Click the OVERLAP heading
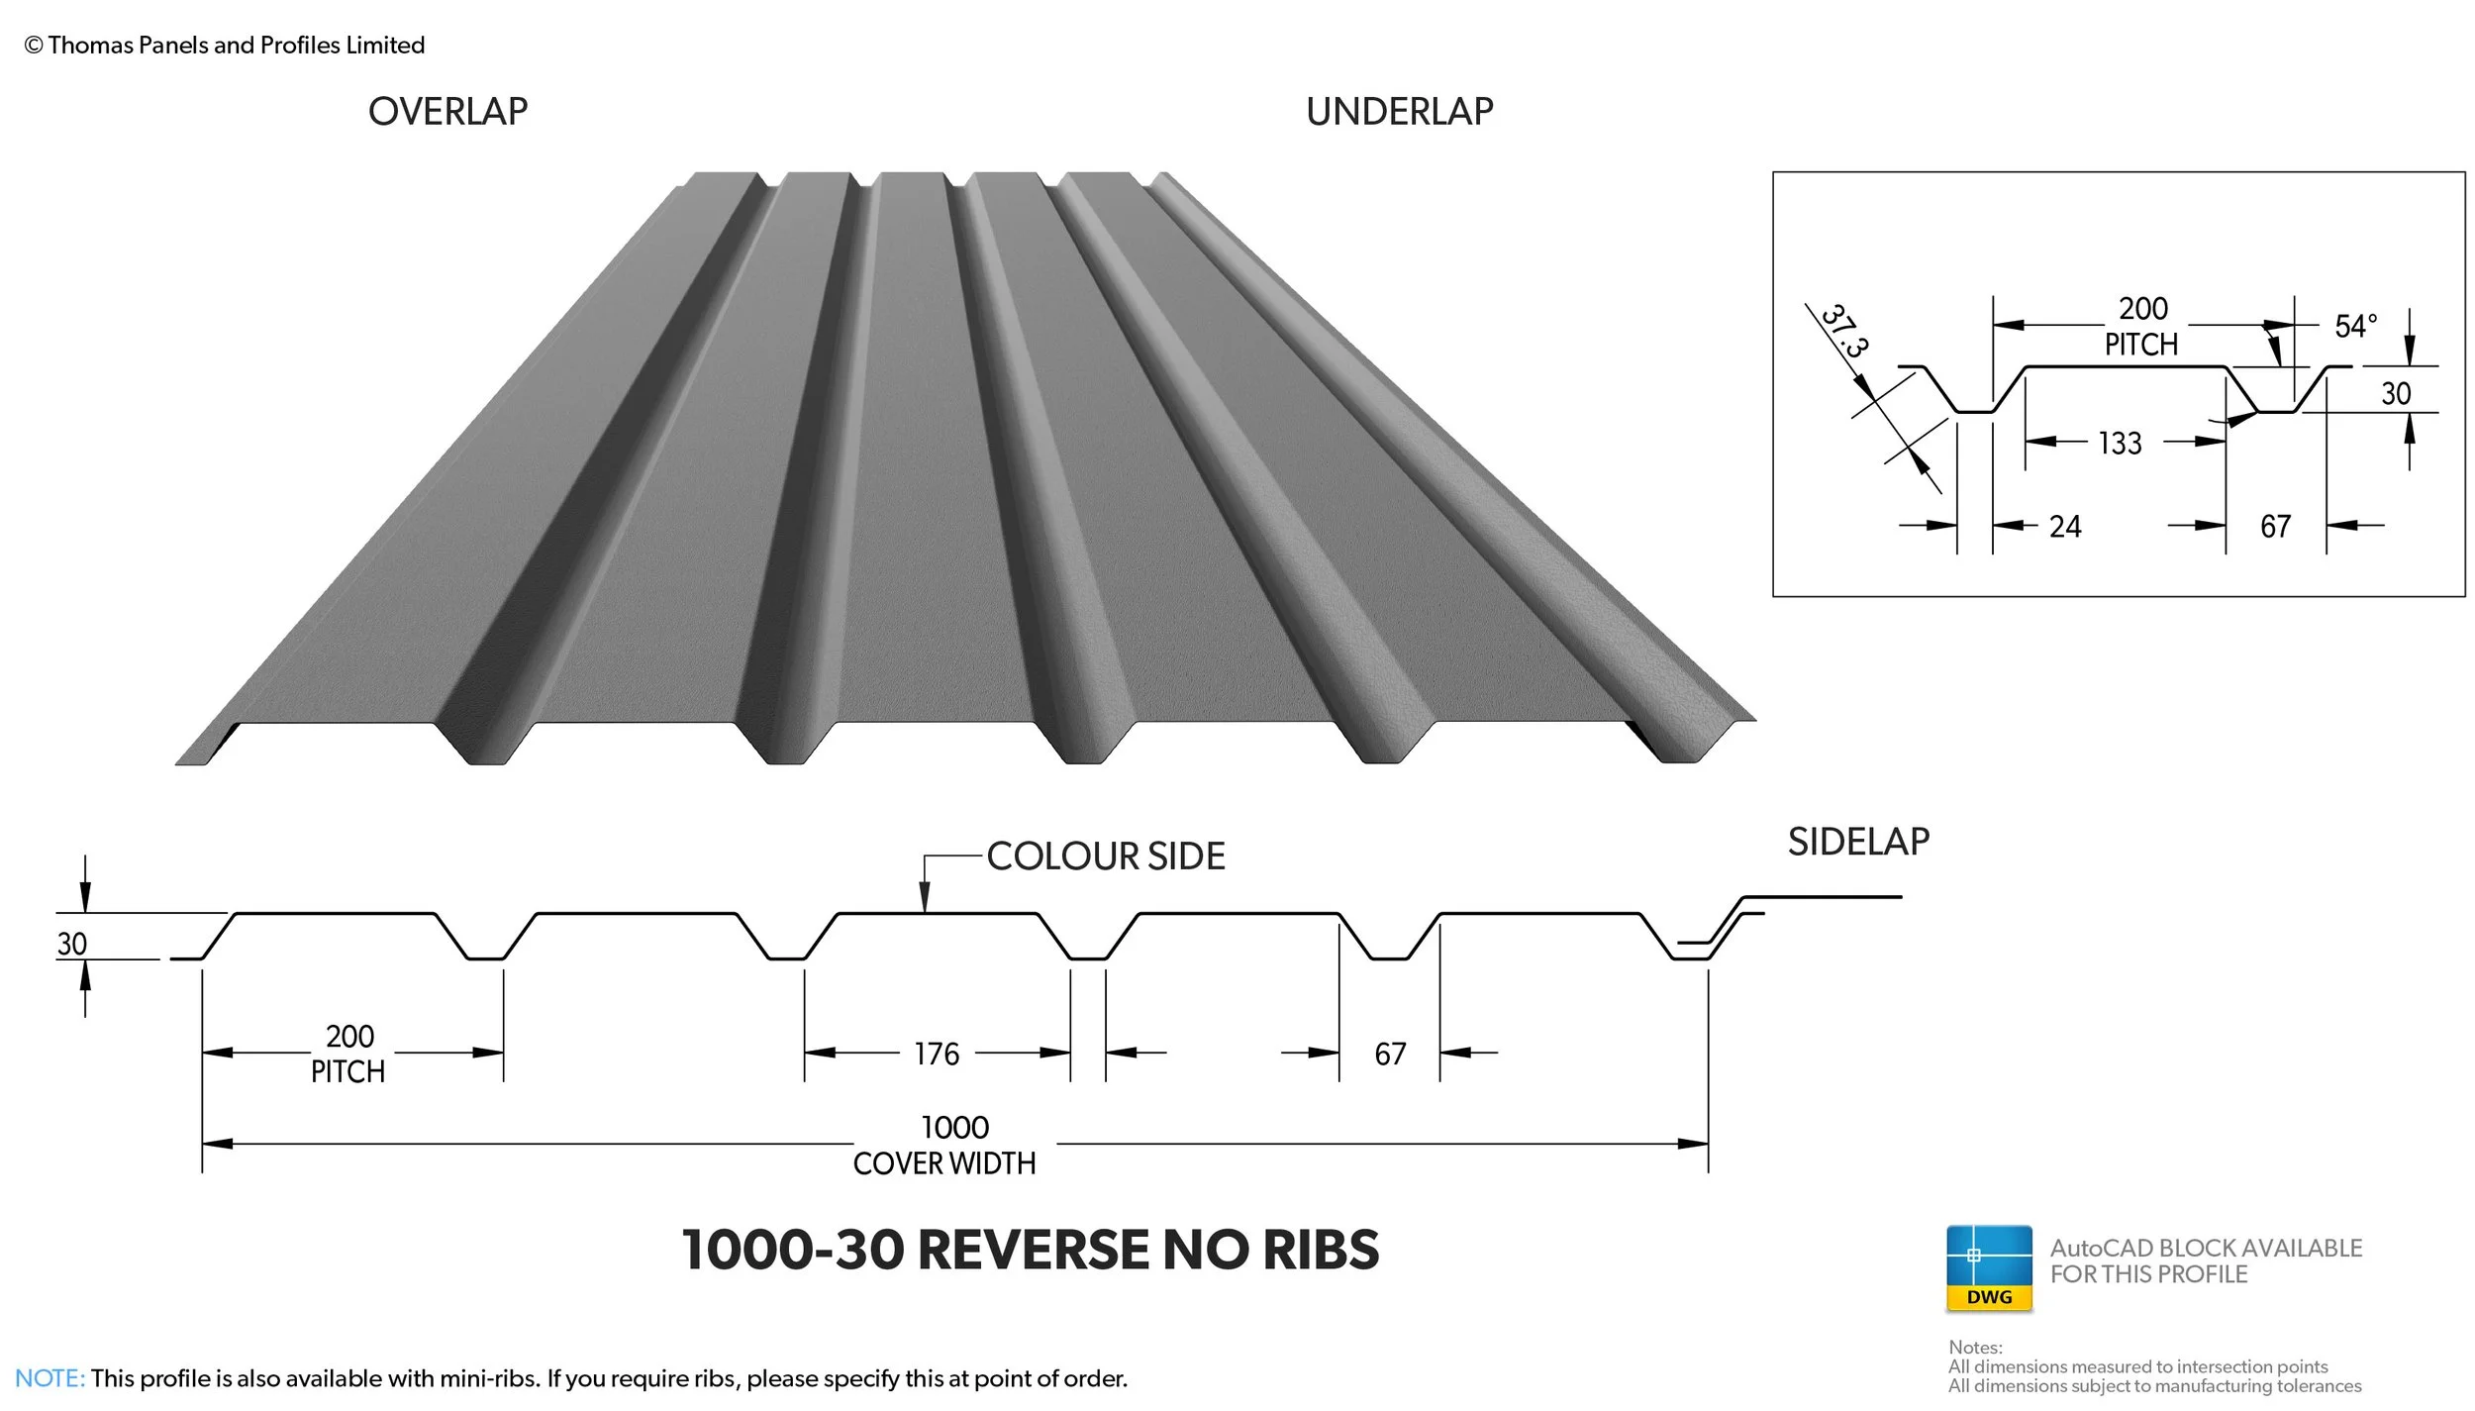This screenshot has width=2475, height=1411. (x=447, y=112)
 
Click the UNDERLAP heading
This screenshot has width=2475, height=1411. (x=1399, y=112)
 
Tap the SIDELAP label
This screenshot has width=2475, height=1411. (x=1858, y=842)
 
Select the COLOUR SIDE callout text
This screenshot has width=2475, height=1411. (x=1106, y=857)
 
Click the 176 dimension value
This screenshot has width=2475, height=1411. (x=937, y=1054)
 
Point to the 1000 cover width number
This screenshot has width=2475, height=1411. (x=954, y=1128)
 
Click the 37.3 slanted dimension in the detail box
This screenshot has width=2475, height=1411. (x=1844, y=331)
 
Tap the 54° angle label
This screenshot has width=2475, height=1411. (x=2355, y=326)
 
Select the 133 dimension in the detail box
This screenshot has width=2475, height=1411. (x=2120, y=443)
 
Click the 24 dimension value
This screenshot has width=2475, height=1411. (x=2065, y=526)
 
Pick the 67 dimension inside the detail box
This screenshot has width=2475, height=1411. (x=2275, y=526)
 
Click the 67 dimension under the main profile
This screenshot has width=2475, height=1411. (x=1390, y=1054)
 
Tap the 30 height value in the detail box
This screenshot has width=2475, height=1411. (x=2396, y=394)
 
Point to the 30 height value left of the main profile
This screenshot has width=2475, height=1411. (x=71, y=944)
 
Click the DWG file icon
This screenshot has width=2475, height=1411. (x=1989, y=1268)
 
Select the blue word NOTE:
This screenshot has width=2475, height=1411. (x=49, y=1378)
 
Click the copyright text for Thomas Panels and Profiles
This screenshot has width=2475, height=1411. (x=225, y=45)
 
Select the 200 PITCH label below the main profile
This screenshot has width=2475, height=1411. (x=349, y=1054)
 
